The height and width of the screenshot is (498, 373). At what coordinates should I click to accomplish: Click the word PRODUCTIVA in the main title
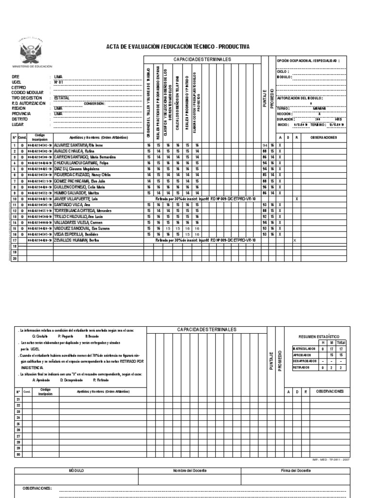click(234, 47)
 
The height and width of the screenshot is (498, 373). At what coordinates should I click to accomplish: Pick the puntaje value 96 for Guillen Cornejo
click(265, 187)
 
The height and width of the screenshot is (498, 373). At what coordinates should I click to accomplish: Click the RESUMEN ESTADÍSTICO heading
click(318, 337)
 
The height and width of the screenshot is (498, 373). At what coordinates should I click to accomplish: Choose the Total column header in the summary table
click(341, 342)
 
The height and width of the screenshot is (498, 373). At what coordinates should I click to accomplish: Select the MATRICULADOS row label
click(305, 348)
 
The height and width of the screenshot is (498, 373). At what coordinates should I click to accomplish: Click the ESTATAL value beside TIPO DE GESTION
click(62, 98)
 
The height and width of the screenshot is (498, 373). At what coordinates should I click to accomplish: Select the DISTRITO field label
click(20, 119)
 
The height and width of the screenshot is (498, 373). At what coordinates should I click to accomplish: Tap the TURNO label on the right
click(284, 108)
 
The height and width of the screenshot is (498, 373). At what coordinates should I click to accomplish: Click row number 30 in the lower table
click(18, 454)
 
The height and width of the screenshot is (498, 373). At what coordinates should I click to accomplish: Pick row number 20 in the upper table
click(15, 258)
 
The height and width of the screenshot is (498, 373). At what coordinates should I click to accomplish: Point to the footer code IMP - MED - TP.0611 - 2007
click(330, 459)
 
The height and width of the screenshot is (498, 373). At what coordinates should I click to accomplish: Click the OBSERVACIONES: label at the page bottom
click(37, 488)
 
